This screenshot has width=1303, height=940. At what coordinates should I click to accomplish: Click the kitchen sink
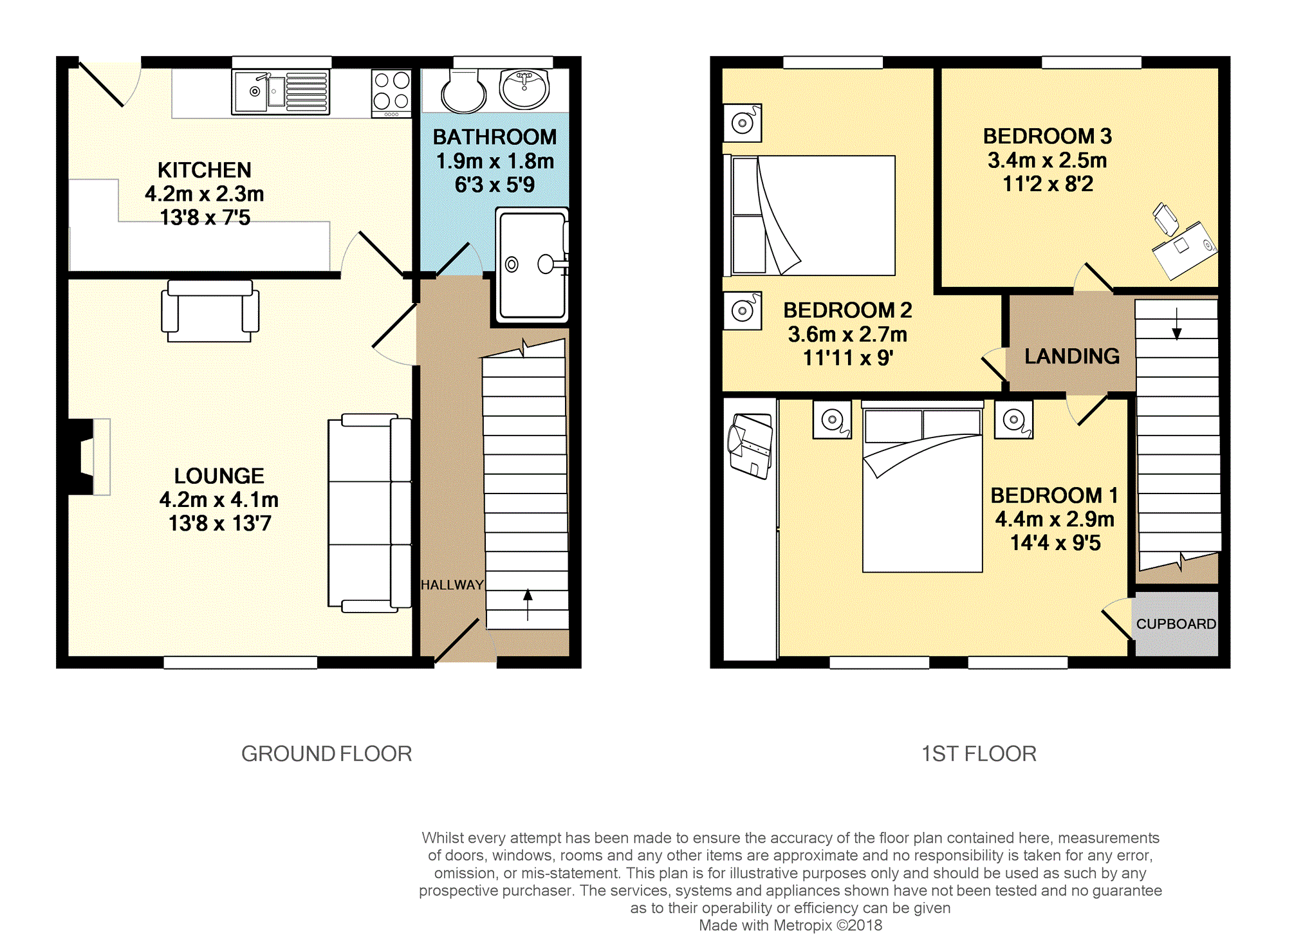pos(281,92)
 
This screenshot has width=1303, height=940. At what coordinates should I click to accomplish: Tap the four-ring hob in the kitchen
pos(391,93)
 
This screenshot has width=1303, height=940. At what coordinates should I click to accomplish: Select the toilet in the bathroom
pos(463,91)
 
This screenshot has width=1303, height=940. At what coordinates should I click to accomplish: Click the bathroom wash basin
pos(524,88)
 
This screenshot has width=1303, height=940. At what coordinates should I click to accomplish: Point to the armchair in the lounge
pos(210,311)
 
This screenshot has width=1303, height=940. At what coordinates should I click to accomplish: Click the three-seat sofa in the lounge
pos(369,513)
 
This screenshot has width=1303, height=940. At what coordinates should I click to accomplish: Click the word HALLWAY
pos(452,585)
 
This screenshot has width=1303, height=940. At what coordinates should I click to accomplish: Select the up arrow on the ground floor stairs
pos(528,605)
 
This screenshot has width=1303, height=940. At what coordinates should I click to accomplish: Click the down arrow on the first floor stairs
pos(1177,324)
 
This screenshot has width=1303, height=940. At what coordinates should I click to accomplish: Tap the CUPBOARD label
pos(1176,624)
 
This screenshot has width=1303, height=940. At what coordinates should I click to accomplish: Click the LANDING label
pos(1072,356)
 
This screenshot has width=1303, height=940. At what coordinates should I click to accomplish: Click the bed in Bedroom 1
pos(922,486)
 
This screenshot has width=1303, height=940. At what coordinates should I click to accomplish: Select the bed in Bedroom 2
pos(809,216)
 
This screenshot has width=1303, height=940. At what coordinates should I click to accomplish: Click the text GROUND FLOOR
pos(326,753)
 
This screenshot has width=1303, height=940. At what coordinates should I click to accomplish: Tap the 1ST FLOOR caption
pos(979,753)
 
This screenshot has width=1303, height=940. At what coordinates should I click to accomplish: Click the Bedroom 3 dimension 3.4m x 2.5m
pos(1048,160)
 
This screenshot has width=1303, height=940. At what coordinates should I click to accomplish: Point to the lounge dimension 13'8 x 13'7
pos(220,524)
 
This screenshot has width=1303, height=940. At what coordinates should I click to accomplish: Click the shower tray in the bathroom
pos(532,264)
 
